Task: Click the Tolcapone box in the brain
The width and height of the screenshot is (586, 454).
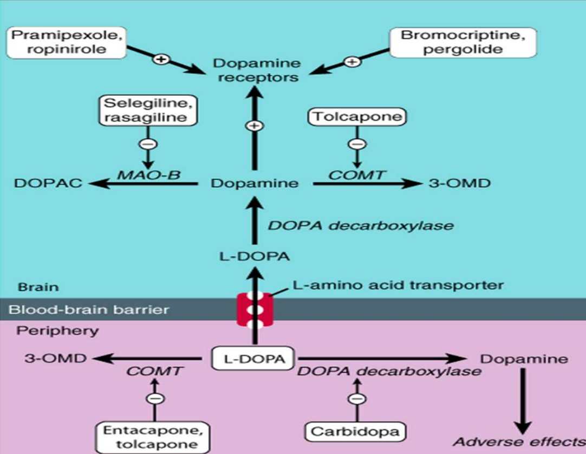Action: pyautogui.click(x=357, y=116)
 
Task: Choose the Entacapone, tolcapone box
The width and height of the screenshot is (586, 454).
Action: pyautogui.click(x=154, y=437)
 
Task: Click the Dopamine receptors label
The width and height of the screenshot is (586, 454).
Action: pyautogui.click(x=255, y=70)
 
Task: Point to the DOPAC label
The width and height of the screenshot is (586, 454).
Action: pyautogui.click(x=48, y=183)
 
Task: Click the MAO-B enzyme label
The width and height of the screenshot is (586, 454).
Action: pyautogui.click(x=149, y=174)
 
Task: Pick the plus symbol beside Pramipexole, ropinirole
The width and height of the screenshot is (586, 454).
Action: pyautogui.click(x=160, y=59)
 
